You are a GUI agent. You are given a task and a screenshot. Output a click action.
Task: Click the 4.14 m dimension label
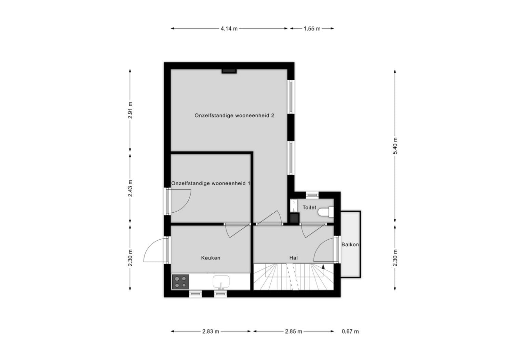[x=229, y=29]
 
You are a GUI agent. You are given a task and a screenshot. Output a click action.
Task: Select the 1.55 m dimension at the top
[x=312, y=29]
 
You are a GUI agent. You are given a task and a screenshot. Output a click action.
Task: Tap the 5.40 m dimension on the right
[x=395, y=146]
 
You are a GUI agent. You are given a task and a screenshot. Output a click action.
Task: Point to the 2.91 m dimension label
[x=130, y=110]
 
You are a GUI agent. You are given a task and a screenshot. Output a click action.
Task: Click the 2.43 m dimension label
[x=130, y=188]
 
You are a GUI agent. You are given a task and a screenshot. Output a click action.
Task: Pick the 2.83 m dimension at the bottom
[x=211, y=331]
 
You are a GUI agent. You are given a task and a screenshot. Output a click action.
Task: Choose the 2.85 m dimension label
[x=293, y=331]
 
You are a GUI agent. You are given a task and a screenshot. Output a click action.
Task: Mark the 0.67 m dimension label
[x=350, y=331]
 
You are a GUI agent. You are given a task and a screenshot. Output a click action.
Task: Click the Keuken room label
[x=211, y=258]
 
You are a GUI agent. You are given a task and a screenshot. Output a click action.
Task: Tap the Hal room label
[x=293, y=258]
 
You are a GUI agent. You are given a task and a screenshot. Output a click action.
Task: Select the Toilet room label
[x=309, y=208]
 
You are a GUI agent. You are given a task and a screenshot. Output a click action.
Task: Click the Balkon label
[x=350, y=244]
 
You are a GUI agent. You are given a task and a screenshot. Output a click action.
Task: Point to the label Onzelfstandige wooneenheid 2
[x=234, y=116]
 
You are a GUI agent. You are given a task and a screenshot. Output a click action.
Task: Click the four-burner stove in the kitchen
[x=180, y=282]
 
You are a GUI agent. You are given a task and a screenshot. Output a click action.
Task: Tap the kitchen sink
[x=221, y=282]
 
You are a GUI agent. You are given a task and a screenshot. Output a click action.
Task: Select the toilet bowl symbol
[x=326, y=212]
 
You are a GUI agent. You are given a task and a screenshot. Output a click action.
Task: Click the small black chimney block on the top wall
[x=229, y=71]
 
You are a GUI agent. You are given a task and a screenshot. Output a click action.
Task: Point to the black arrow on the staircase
[x=323, y=266]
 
